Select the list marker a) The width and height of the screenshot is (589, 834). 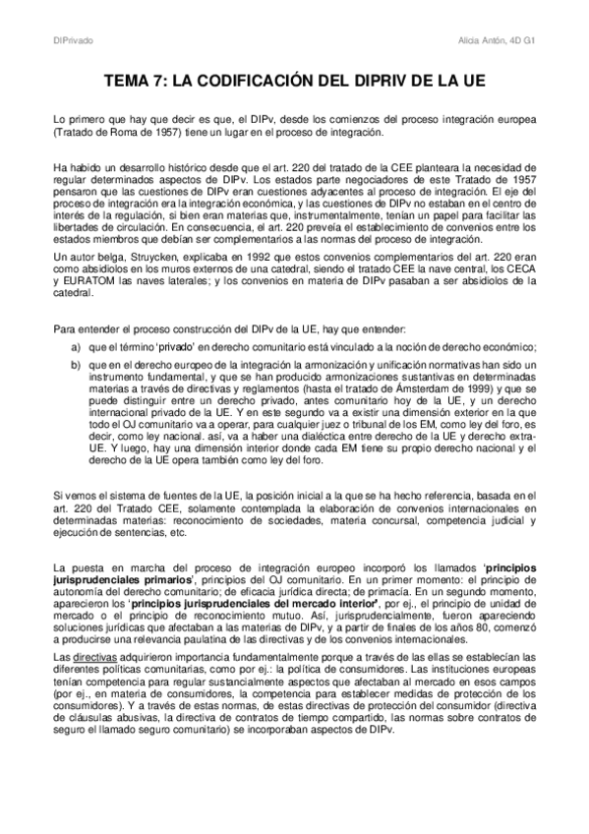click(x=75, y=347)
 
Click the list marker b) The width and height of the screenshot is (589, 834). click(x=75, y=365)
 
